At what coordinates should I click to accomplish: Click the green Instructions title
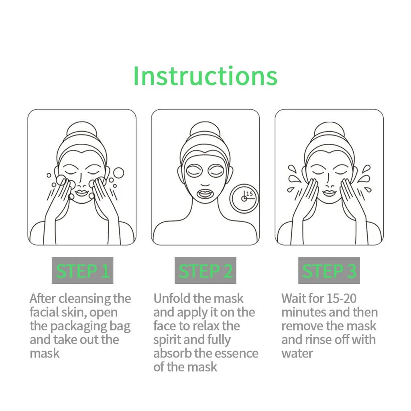(205, 75)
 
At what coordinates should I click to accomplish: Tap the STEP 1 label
(83, 271)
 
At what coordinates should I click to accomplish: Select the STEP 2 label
(205, 271)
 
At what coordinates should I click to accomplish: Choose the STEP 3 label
(329, 271)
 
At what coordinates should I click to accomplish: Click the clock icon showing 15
(244, 198)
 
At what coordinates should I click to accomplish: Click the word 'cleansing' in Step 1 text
(86, 299)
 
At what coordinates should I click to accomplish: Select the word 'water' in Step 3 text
(297, 354)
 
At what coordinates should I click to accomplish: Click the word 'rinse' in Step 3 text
(328, 340)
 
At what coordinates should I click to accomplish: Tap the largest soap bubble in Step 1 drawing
(118, 173)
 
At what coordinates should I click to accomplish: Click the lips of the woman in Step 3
(329, 193)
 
